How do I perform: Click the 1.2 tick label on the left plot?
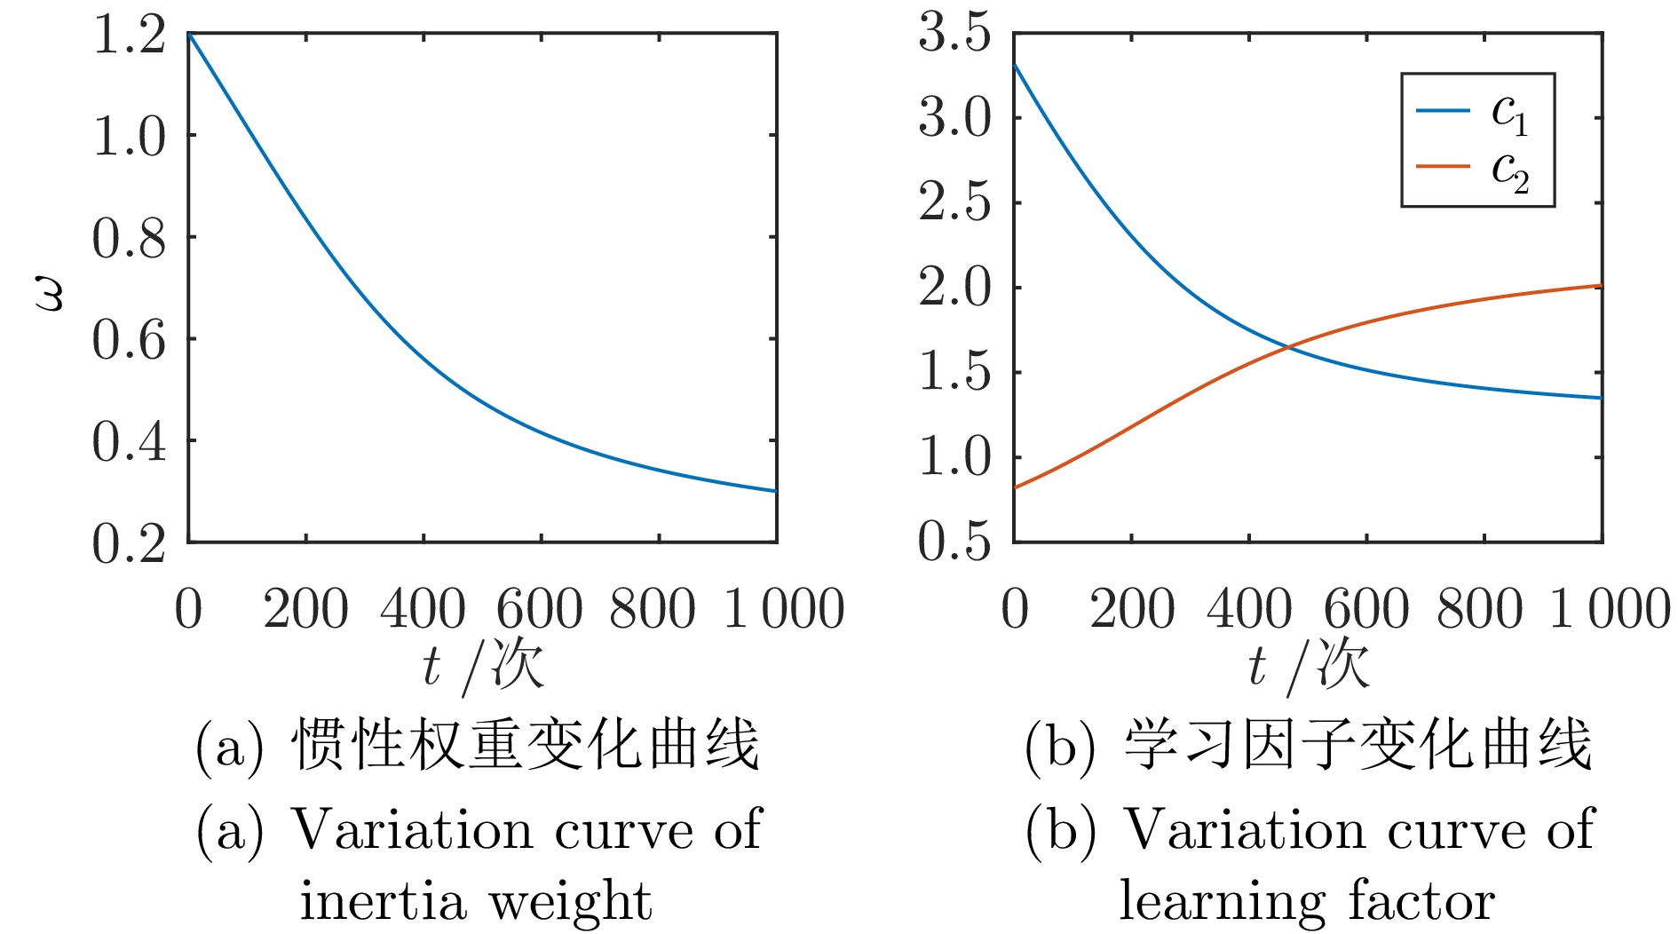coord(129,36)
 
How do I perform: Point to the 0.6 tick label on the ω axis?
coord(129,340)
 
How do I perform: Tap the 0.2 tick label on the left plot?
coord(129,543)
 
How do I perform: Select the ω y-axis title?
coord(51,293)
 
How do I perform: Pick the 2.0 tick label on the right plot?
coord(954,288)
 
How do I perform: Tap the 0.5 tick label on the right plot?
coord(954,542)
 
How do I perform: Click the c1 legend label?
coord(1509,113)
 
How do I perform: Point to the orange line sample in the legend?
coord(1443,166)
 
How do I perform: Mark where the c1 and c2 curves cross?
coord(1288,347)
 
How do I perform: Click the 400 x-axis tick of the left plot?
coord(423,609)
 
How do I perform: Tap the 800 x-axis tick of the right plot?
coord(1480,609)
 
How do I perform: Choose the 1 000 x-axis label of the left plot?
coord(783,609)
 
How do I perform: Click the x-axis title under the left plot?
coord(482,666)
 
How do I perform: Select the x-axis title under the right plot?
coord(1308,666)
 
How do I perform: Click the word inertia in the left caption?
coord(383,902)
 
